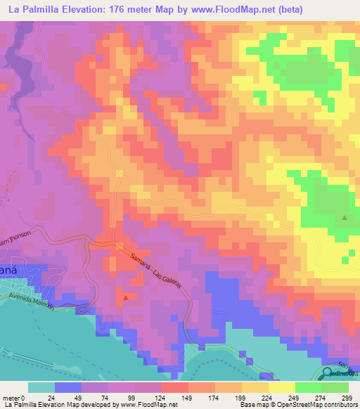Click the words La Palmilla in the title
point(30,8)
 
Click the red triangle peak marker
point(126,297)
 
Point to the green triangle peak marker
point(344,217)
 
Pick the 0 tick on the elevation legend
point(28,398)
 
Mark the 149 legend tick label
point(185,398)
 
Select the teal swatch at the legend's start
point(41,387)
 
